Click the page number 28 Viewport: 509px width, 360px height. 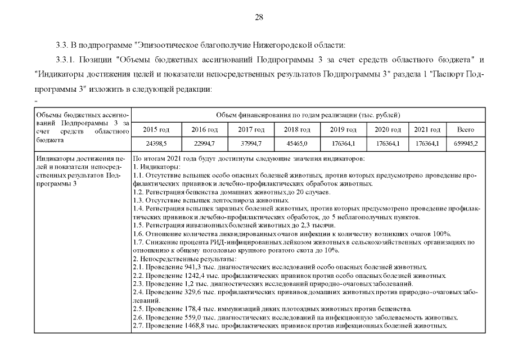point(259,17)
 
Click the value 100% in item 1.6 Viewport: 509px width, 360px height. point(442,233)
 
